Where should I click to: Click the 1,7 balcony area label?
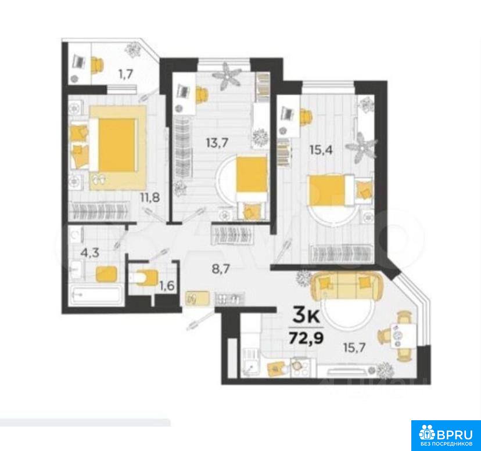point(126,74)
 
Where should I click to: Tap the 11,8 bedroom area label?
point(150,198)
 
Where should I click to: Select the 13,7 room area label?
point(217,143)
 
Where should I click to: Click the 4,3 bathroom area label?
point(89,253)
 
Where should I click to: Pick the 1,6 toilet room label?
point(167,286)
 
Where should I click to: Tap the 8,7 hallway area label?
point(221,269)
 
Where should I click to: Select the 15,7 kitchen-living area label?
point(354,348)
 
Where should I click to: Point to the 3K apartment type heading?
point(306,316)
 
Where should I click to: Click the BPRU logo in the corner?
point(446,435)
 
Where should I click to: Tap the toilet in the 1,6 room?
point(144,277)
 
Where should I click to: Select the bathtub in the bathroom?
point(95,294)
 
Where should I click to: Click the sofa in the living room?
point(347,286)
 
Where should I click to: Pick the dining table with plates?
point(403,335)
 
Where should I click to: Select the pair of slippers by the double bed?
point(99,179)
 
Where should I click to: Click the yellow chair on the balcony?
point(97,66)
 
